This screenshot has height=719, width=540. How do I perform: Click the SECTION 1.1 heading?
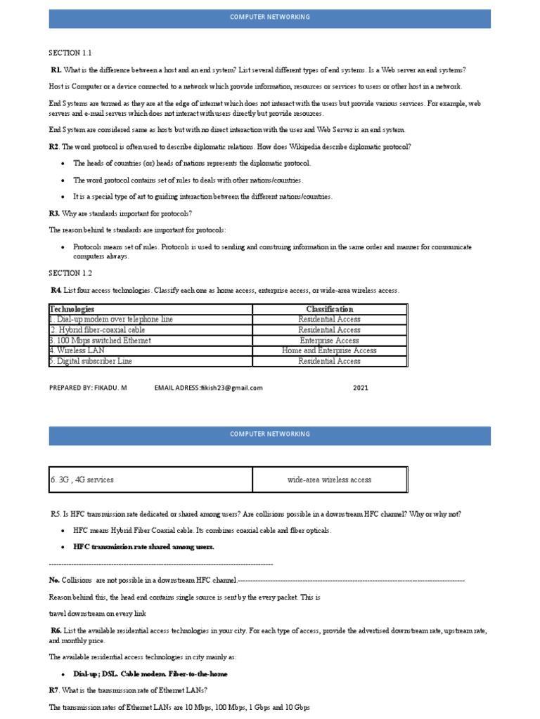click(x=70, y=53)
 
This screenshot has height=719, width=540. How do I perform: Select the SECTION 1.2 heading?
click(x=70, y=273)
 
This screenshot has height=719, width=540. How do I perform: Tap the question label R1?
click(x=56, y=70)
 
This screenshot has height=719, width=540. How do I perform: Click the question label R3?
click(x=54, y=213)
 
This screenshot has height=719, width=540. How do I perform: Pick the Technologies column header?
click(x=72, y=309)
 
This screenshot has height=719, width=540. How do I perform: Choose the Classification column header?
click(x=329, y=309)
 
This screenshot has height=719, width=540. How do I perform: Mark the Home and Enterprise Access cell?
click(x=329, y=350)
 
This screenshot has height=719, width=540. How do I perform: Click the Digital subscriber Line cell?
click(x=94, y=361)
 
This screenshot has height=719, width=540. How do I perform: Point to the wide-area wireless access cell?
click(x=329, y=480)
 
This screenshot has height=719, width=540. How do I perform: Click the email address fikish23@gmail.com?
click(x=232, y=388)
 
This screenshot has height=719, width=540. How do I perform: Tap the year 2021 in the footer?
click(x=361, y=388)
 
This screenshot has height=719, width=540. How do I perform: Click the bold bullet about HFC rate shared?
click(x=143, y=546)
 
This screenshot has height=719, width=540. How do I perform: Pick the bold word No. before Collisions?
click(x=54, y=581)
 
